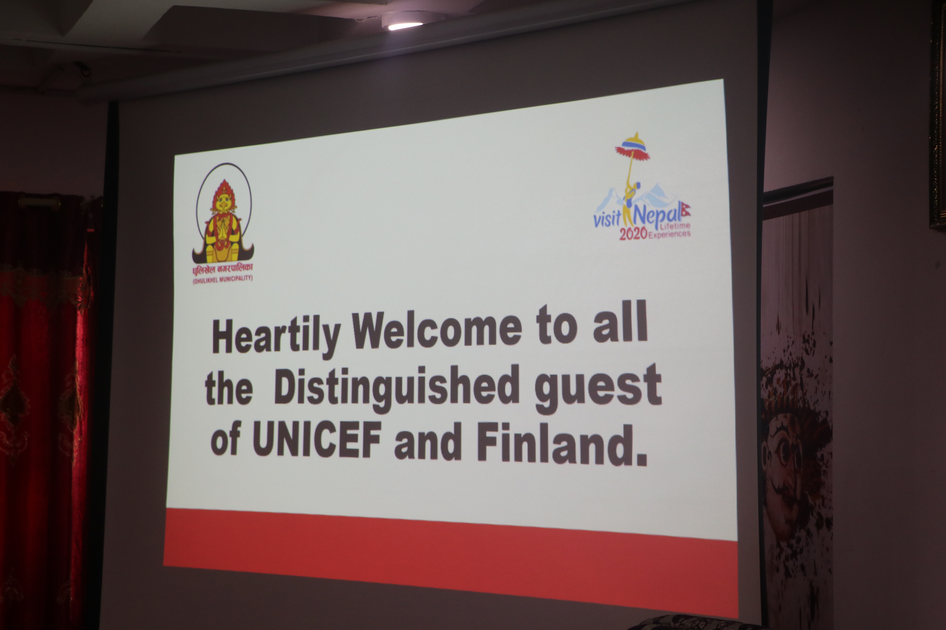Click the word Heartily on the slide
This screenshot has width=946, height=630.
276,337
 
